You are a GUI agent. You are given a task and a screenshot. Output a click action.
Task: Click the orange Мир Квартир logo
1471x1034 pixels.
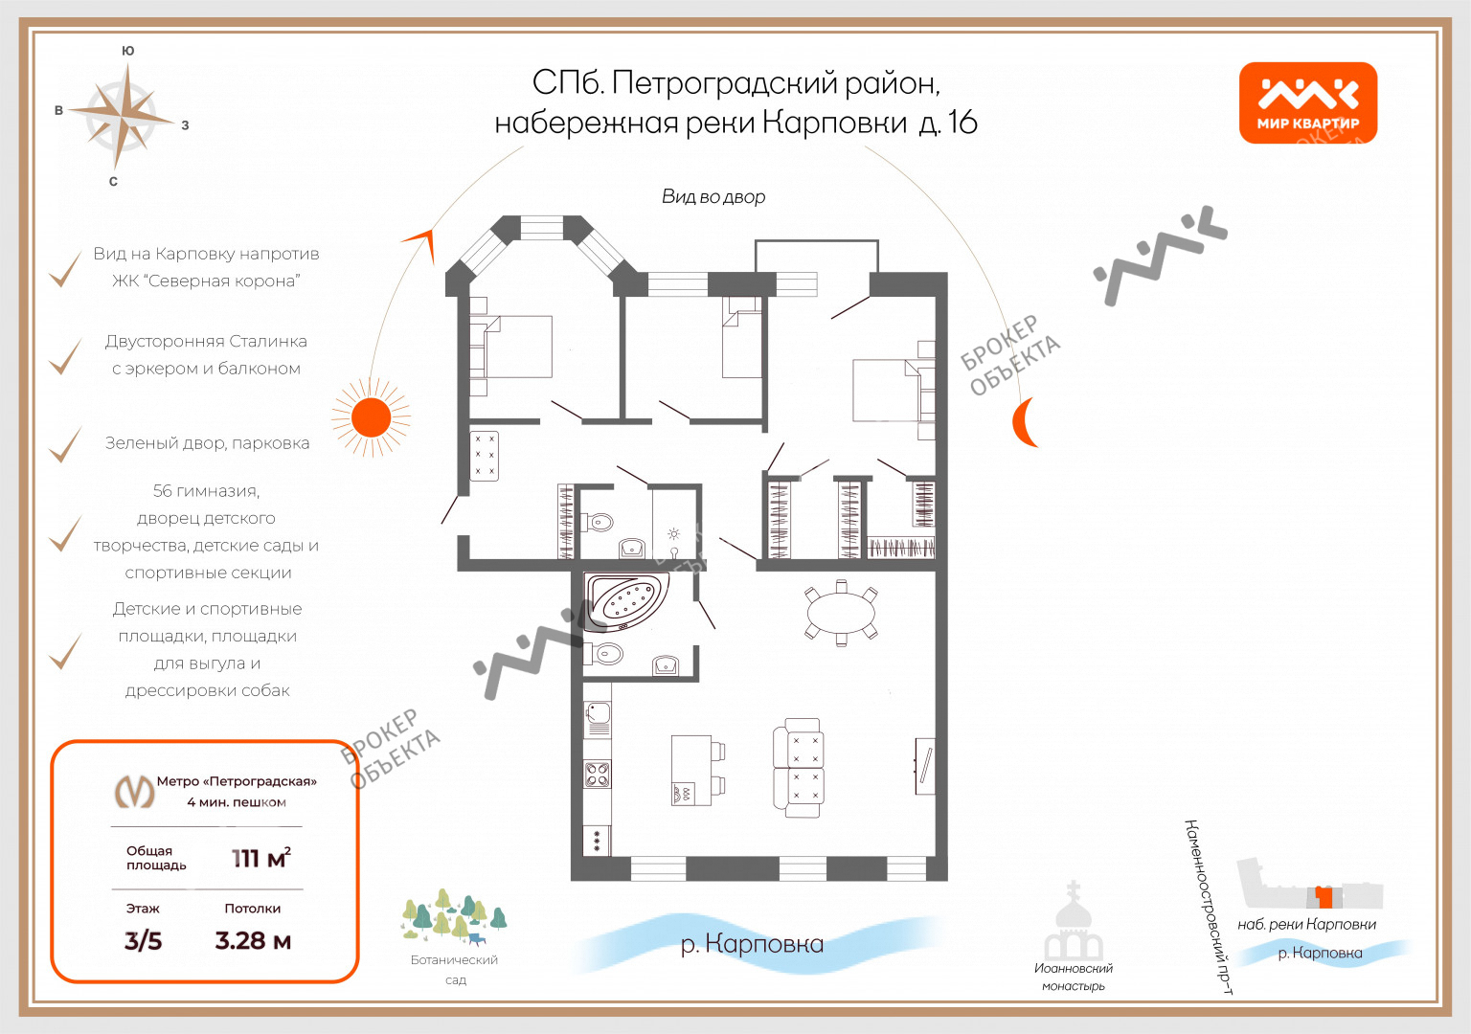point(1307,102)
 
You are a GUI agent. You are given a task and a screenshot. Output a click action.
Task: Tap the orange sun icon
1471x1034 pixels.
point(371,417)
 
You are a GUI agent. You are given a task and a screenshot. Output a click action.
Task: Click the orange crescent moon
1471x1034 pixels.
point(1023,422)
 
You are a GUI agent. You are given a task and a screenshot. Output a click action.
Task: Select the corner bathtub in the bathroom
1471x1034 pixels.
point(627,600)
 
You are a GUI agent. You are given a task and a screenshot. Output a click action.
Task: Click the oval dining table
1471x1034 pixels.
point(841,613)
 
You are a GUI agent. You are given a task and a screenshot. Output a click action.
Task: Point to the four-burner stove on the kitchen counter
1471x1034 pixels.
point(597,774)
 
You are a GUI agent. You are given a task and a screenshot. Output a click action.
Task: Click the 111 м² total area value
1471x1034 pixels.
point(260,858)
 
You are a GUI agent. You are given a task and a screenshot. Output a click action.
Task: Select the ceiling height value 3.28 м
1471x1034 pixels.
point(253,941)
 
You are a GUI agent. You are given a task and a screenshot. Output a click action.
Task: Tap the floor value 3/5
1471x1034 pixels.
point(143,941)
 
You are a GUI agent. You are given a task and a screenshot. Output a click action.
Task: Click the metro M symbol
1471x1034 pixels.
point(135,791)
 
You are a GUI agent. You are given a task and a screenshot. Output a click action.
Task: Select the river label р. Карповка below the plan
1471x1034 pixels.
point(752,944)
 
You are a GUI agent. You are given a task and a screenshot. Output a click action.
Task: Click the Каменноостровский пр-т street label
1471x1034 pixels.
point(1209,907)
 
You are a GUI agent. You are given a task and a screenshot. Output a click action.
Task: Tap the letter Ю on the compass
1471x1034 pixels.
point(128,51)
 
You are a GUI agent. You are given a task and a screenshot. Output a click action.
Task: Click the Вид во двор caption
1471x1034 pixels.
point(713,196)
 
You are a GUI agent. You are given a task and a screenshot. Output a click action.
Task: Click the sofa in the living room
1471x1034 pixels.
point(799,768)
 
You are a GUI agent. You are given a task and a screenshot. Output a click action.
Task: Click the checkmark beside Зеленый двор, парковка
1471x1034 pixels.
point(65,444)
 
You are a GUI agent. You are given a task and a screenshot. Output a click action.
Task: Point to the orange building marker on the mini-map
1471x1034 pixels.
point(1324,897)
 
